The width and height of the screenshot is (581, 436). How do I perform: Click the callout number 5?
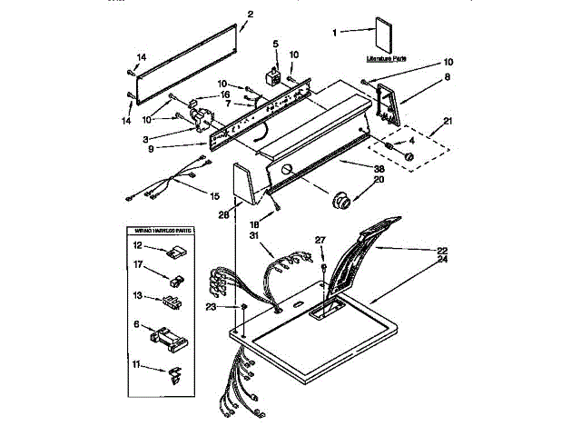pyautogui.click(x=276, y=44)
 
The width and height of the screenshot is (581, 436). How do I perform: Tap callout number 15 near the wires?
pyautogui.click(x=214, y=194)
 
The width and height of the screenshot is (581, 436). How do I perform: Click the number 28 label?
pyautogui.click(x=223, y=214)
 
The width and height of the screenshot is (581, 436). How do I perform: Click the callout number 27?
pyautogui.click(x=320, y=240)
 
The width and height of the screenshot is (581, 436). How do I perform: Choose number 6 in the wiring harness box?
pyautogui.click(x=137, y=324)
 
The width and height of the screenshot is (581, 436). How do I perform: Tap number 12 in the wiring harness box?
pyautogui.click(x=137, y=245)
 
